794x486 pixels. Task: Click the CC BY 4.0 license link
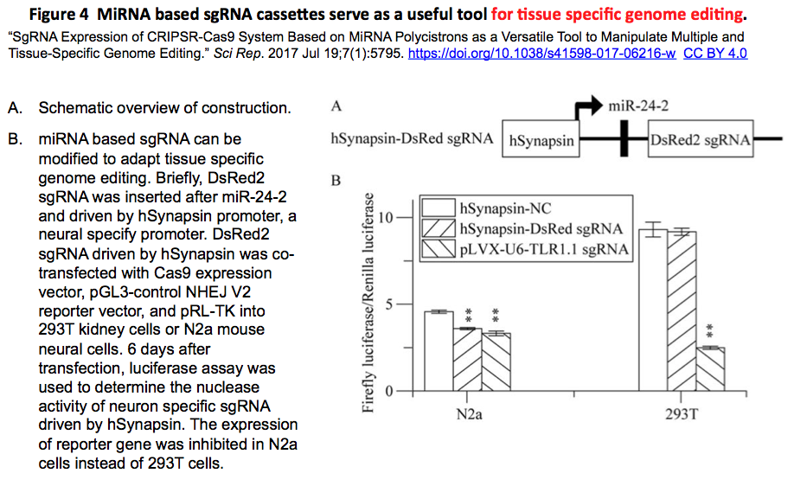pos(715,53)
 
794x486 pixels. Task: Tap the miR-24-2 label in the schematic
pos(638,106)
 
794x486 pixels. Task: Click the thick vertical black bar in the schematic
pos(624,139)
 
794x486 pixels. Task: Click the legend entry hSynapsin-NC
pos(506,209)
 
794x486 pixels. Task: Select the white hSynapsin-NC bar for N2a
pos(439,351)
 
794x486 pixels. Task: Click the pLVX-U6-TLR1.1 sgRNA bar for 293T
pos(711,369)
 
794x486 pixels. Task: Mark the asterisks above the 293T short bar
pos(711,331)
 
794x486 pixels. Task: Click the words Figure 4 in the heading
pos(61,14)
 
